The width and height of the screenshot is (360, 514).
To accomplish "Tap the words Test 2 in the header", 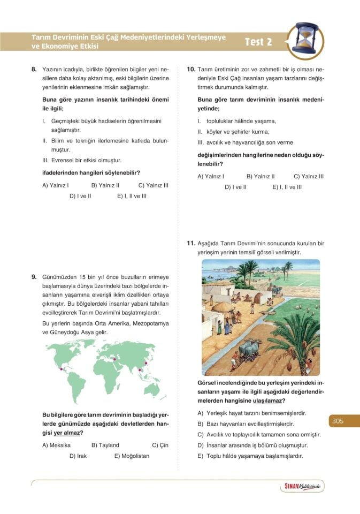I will point(258,42).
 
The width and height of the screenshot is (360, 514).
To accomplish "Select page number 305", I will point(337,421).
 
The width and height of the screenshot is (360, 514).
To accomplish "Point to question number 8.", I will point(34,69).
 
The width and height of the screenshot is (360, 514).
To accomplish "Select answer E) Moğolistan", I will point(132,456).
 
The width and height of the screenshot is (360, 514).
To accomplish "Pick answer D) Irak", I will point(78,456).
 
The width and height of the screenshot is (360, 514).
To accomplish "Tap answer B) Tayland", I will point(105,445).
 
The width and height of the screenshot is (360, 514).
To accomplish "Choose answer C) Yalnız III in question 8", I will point(153,185).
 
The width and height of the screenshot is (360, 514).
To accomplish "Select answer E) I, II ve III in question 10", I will point(287,187).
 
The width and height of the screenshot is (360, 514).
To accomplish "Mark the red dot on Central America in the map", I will point(63,368).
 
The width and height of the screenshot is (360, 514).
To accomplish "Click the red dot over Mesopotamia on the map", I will point(113,359).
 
